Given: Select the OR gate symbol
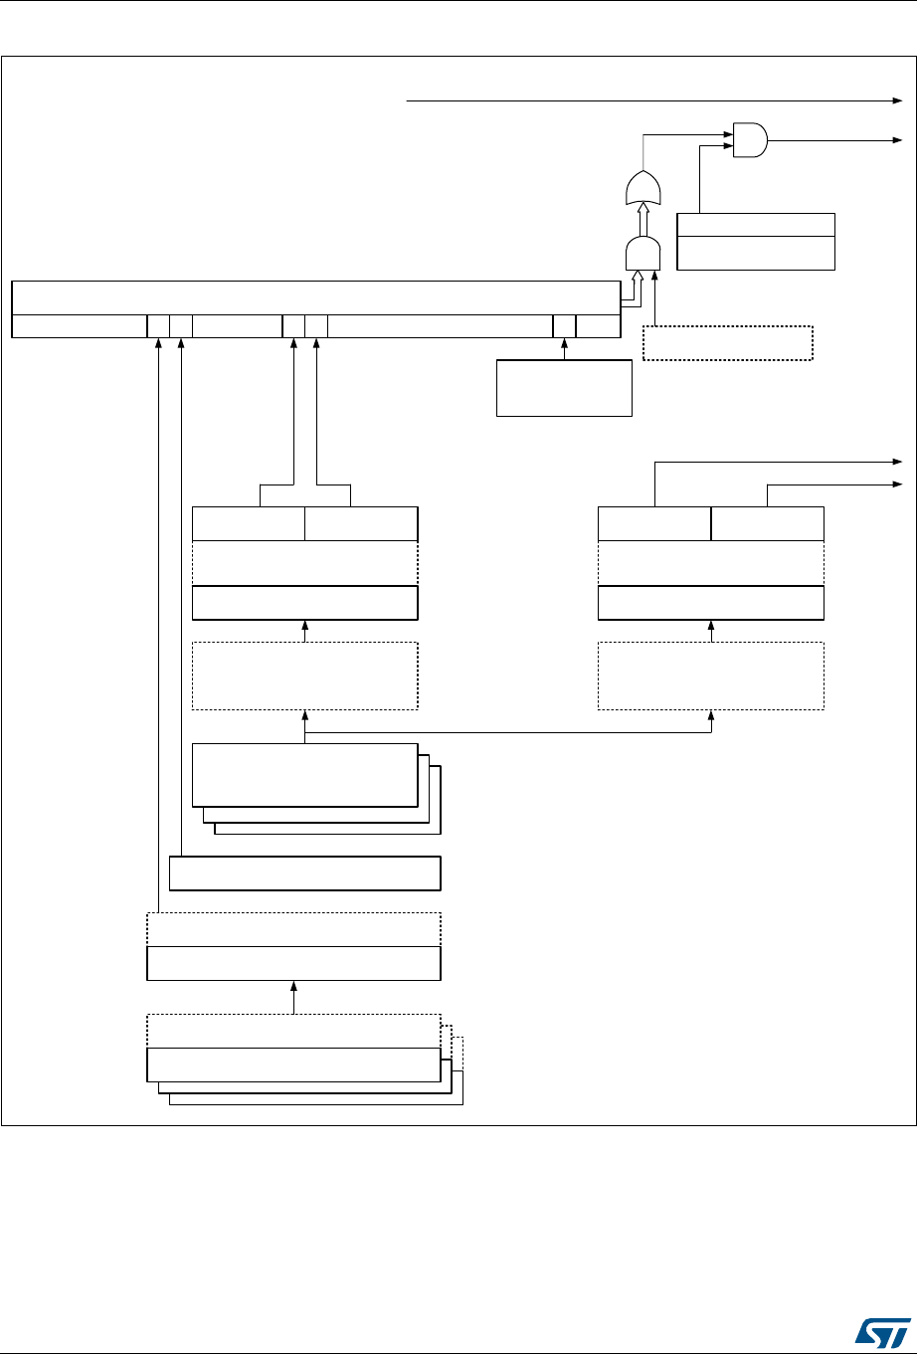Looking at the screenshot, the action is click(642, 187).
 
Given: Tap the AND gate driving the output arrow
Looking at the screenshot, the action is click(749, 140).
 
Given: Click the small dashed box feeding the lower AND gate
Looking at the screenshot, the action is click(728, 343).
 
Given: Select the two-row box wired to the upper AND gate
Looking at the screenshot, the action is click(755, 241).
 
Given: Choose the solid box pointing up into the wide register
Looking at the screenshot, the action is click(564, 388).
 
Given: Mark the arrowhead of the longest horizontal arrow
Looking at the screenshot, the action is click(897, 100).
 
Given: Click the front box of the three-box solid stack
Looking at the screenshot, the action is click(304, 774).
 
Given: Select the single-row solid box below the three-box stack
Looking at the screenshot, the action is click(304, 872).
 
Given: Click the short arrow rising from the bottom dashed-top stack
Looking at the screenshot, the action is click(293, 996).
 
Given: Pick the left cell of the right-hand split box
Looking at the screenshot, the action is click(654, 523).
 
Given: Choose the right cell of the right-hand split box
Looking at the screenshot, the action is click(768, 523).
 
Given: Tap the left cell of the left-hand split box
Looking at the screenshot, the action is click(248, 523).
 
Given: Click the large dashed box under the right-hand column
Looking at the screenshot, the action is click(710, 676).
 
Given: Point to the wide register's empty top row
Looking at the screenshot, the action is click(314, 297).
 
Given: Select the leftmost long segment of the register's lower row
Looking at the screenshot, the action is click(80, 325).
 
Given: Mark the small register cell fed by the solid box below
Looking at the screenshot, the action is click(564, 325).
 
